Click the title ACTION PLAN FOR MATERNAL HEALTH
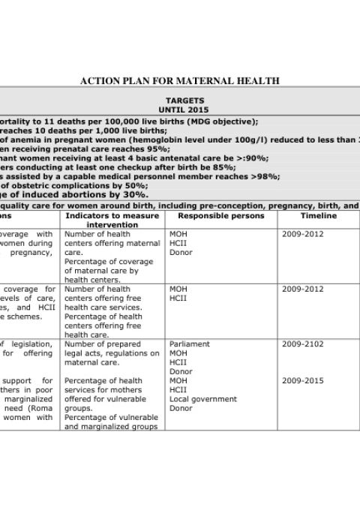[x=179, y=81]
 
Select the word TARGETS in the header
[x=184, y=100]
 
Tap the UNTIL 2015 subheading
[x=184, y=109]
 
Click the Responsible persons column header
[x=220, y=216]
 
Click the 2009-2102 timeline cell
[x=303, y=344]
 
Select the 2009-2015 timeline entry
[x=303, y=381]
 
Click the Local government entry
[x=203, y=399]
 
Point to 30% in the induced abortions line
[x=136, y=195]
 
